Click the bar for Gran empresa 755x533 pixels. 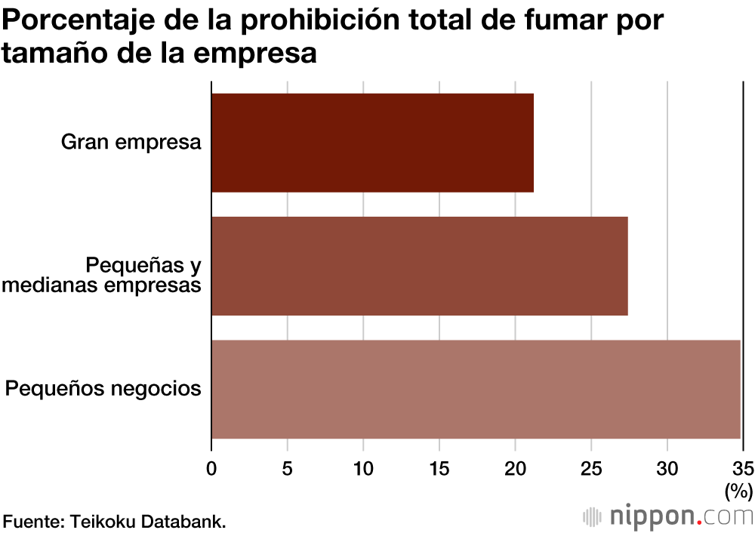372,143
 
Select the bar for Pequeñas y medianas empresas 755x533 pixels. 419,266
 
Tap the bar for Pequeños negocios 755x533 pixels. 476,390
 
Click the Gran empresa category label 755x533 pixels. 131,142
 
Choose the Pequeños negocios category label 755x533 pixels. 103,389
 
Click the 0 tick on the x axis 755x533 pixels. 211,467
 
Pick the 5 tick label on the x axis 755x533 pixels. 287,467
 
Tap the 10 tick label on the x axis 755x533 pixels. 363,467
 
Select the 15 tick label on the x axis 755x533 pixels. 439,467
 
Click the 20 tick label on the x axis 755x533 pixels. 515,467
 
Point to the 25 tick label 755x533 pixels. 591,467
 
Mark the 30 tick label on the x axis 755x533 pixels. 667,467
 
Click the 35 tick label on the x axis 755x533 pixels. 743,467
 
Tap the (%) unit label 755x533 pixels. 739,492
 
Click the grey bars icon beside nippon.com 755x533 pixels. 593,517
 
